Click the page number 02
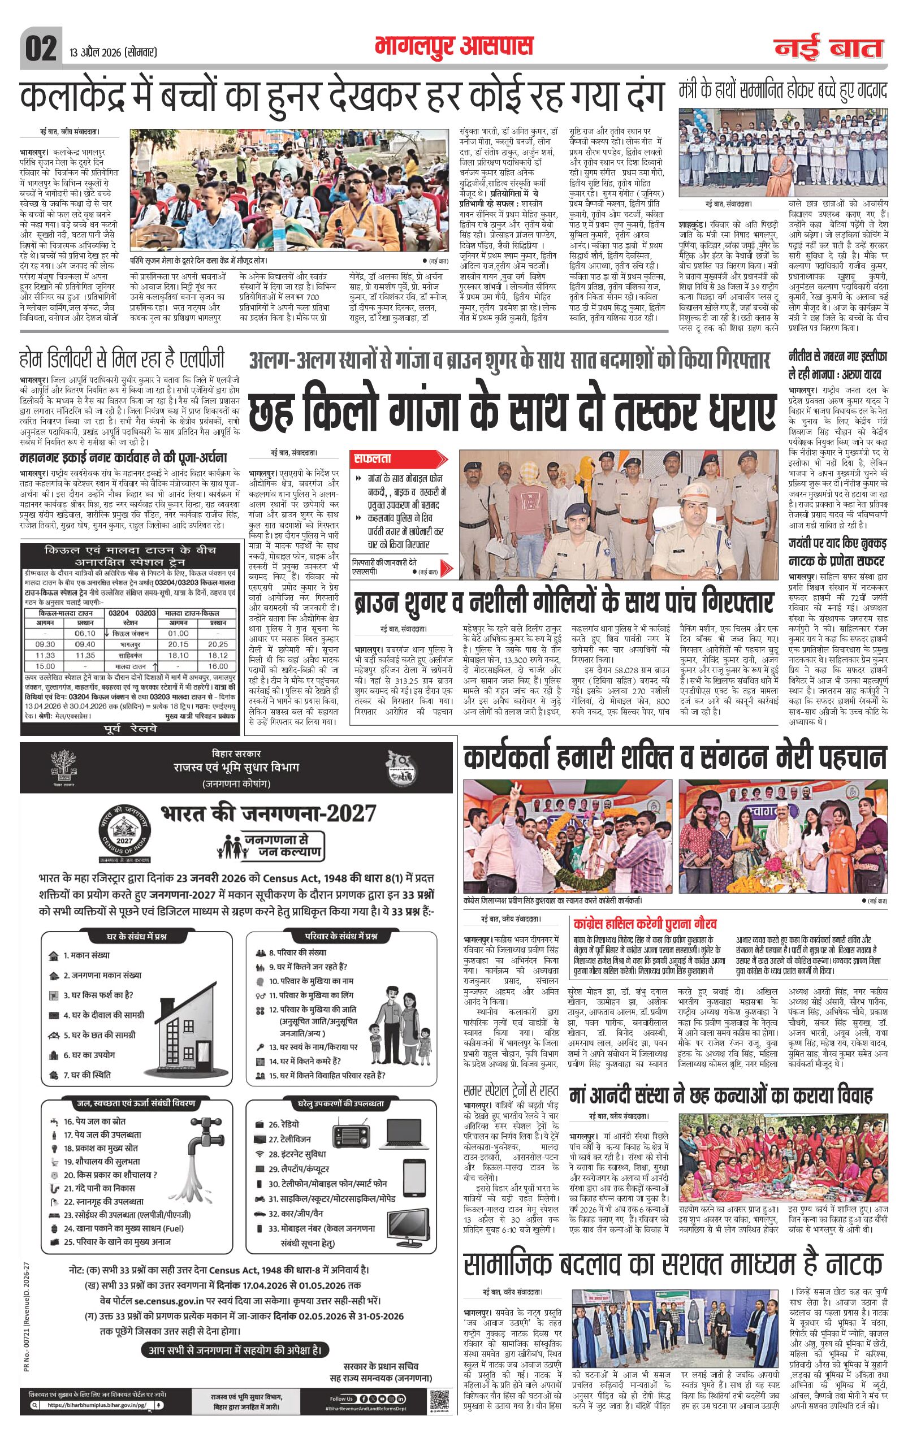pyautogui.click(x=41, y=49)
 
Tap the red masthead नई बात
pyautogui.click(x=828, y=49)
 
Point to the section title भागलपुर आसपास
pyautogui.click(x=453, y=46)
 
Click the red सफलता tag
pyautogui.click(x=373, y=458)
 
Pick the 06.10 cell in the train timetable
pyautogui.click(x=85, y=634)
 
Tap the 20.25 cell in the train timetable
pyautogui.click(x=218, y=644)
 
